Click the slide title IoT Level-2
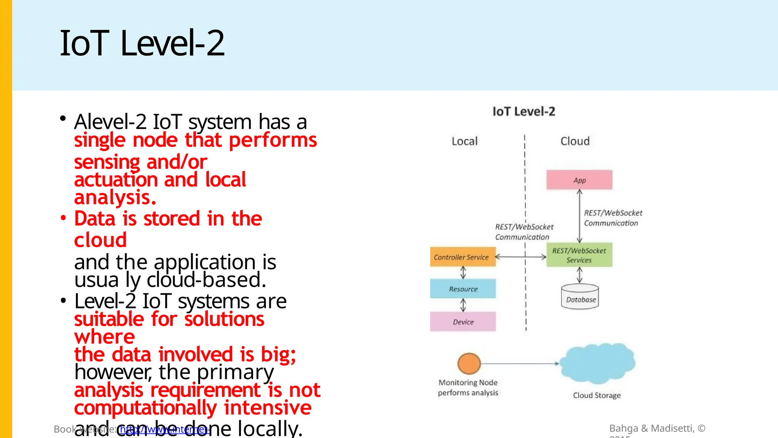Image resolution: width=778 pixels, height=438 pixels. (x=142, y=43)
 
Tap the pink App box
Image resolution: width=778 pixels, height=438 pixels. (x=579, y=180)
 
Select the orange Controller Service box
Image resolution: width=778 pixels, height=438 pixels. (x=462, y=257)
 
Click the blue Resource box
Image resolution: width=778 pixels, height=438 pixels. (x=463, y=289)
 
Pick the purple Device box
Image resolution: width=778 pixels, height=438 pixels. (x=463, y=322)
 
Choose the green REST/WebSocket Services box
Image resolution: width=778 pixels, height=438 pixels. (x=579, y=255)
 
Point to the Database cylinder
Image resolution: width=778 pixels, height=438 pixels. (x=580, y=297)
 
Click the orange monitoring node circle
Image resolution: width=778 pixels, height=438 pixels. (x=469, y=364)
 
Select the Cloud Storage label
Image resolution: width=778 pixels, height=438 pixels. (x=596, y=395)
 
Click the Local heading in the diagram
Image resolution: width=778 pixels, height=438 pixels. (x=464, y=141)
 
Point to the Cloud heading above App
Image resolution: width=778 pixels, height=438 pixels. (x=575, y=141)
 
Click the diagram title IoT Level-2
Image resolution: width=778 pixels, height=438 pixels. (x=523, y=112)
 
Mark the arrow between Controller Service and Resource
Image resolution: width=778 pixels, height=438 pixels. (x=463, y=273)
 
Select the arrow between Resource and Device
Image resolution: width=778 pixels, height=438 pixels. (x=463, y=305)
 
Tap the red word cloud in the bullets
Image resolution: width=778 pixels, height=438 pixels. (x=100, y=240)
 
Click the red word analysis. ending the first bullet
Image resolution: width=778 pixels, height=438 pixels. (x=115, y=198)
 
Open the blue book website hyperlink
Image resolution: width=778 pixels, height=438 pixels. (x=164, y=430)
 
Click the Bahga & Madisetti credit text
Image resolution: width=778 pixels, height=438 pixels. (x=657, y=428)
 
